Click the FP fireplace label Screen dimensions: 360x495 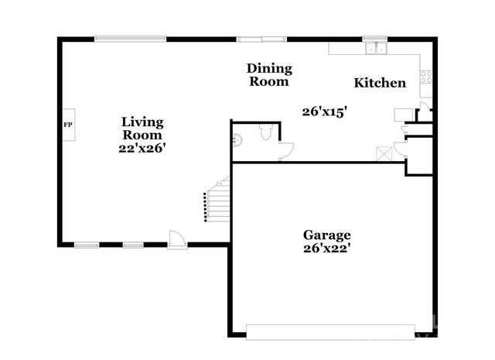pyautogui.click(x=68, y=124)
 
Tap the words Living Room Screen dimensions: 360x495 pyautogui.click(x=142, y=129)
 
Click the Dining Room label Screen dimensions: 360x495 pyautogui.click(x=269, y=74)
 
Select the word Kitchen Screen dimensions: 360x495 pyautogui.click(x=380, y=83)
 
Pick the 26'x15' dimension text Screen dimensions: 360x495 pyautogui.click(x=323, y=111)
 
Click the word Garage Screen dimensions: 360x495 pyautogui.click(x=326, y=235)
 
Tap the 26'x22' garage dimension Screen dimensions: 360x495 pyautogui.click(x=326, y=249)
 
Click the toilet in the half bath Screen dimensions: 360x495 pyautogui.click(x=265, y=134)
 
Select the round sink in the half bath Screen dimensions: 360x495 pyautogui.click(x=237, y=140)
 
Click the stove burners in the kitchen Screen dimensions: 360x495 pyautogui.click(x=424, y=77)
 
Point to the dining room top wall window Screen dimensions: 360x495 pyautogui.click(x=261, y=39)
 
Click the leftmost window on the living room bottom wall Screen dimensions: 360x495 pyautogui.click(x=86, y=245)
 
